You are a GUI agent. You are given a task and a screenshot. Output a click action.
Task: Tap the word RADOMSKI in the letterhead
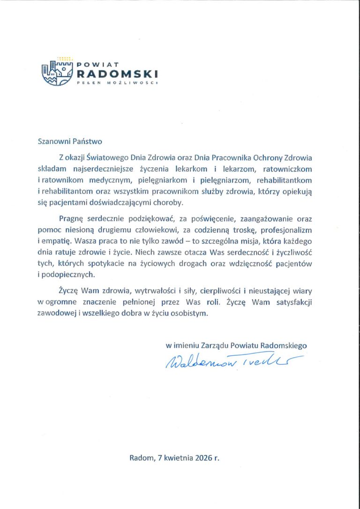(x=117, y=74)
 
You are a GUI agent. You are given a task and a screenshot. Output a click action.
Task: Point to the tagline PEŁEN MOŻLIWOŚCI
(x=117, y=82)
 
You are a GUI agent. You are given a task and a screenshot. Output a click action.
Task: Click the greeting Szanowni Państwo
(x=69, y=141)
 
